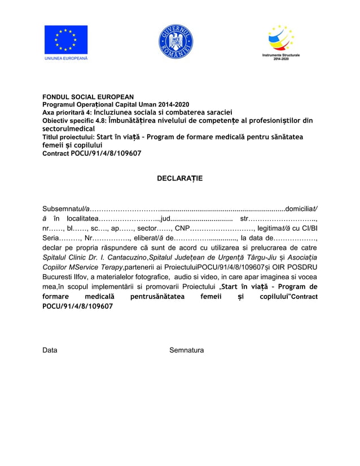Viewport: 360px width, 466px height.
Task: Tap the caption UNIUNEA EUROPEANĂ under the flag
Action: point(66,58)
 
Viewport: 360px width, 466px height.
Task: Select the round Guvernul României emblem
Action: point(175,42)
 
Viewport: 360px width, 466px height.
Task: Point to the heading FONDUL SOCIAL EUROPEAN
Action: point(88,97)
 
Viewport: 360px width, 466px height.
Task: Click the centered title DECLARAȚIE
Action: point(179,178)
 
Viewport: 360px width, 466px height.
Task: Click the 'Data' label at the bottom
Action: point(50,350)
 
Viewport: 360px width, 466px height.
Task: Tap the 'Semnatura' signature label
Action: point(186,350)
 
